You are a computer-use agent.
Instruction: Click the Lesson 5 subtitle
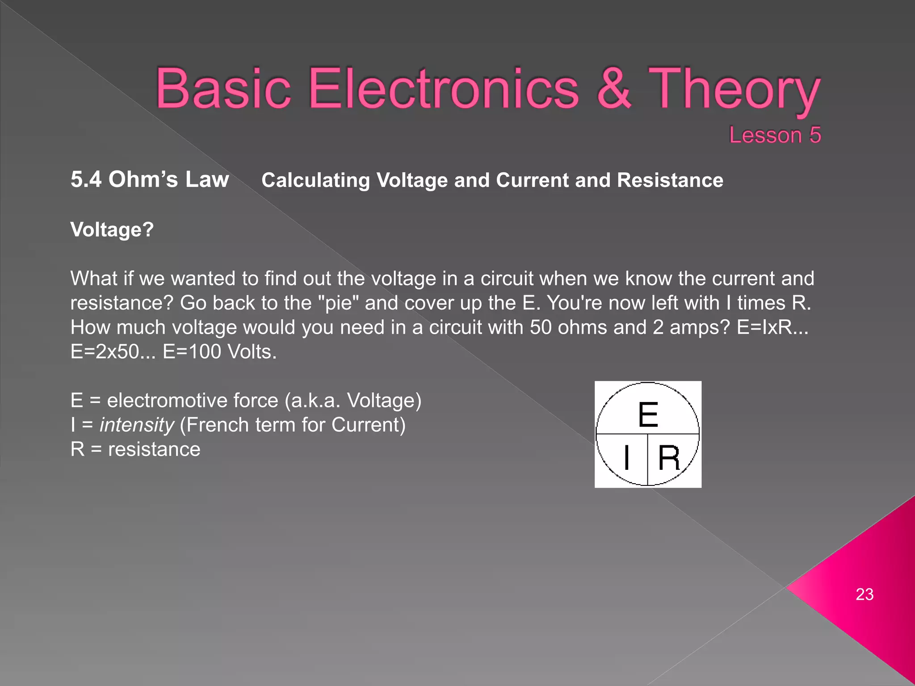tap(775, 135)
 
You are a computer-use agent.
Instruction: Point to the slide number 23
tap(864, 594)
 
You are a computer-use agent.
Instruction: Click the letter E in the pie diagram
tap(648, 414)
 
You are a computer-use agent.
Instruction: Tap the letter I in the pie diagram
tap(627, 457)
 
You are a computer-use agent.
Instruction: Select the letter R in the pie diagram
tap(669, 458)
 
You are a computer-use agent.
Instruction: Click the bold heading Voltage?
tap(112, 230)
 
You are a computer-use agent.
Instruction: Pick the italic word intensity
tap(137, 425)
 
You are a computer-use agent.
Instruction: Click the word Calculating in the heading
tap(315, 180)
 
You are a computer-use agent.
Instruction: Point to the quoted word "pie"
tap(339, 303)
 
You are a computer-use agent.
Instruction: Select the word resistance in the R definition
tap(154, 449)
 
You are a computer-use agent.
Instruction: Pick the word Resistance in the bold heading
tap(670, 180)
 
